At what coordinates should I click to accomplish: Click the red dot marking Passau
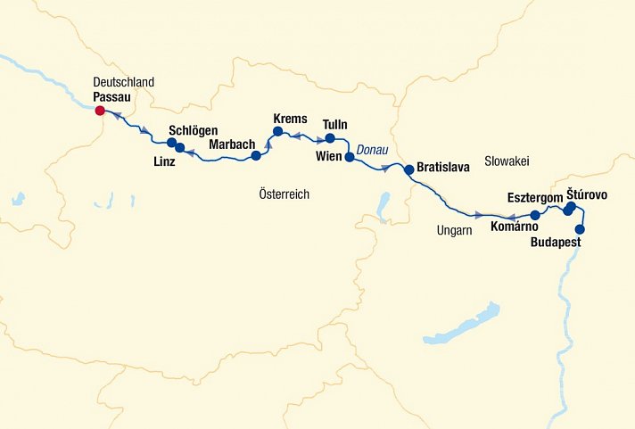coord(100,111)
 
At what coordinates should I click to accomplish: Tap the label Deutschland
coord(123,82)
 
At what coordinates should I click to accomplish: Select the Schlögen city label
coord(193,131)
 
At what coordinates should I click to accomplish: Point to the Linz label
coord(163,161)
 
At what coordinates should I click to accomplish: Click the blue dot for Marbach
coord(256,155)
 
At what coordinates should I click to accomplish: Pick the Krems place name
coord(291,119)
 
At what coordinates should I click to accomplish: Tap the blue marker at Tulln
coord(330,138)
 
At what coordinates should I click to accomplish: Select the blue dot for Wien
coord(350,157)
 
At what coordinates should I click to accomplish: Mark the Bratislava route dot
coord(408,169)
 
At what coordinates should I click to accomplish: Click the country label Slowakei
coord(507,161)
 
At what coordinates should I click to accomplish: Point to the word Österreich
coord(284,194)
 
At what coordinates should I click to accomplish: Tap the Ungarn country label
coord(454,230)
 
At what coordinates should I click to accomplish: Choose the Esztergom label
coord(533,196)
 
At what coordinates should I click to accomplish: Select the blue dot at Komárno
coord(535,215)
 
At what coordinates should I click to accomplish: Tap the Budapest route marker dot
coord(581,229)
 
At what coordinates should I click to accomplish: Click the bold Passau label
coord(111,96)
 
